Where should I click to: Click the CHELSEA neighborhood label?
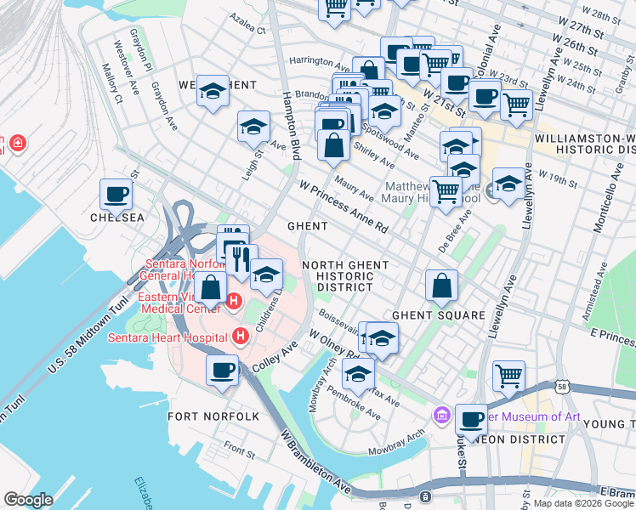117,218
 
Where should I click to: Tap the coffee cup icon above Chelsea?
116,195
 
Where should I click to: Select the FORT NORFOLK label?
202,416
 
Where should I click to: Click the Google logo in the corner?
28,500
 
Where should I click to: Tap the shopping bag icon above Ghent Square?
441,287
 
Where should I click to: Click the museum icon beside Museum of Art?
441,416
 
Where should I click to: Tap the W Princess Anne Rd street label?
343,207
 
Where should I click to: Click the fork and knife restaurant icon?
241,258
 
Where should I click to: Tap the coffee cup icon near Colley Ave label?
223,370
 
